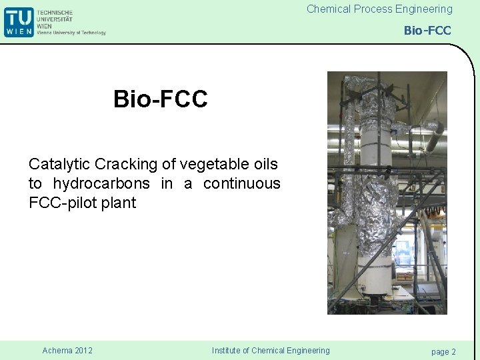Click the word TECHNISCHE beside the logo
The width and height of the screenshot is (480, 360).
(x=55, y=12)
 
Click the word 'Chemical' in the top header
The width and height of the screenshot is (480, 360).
(x=328, y=9)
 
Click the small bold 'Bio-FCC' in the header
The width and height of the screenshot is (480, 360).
(x=427, y=31)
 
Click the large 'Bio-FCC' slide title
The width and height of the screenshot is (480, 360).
(x=161, y=99)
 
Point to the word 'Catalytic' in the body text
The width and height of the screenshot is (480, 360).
(x=55, y=164)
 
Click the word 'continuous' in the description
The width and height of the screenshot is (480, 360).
(x=242, y=183)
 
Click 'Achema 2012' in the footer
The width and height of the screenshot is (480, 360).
(x=67, y=351)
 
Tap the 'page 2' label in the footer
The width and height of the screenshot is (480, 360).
(x=443, y=351)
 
